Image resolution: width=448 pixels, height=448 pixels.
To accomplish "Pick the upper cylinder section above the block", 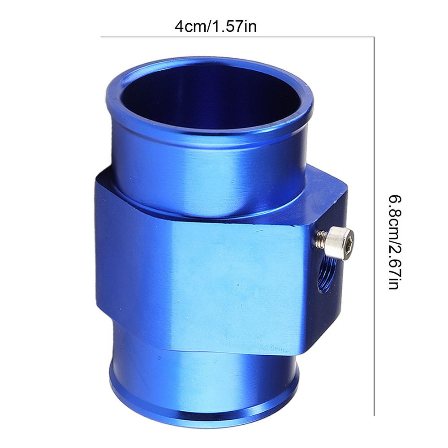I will coord(206,175).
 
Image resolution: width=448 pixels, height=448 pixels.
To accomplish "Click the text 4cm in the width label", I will coord(188,26).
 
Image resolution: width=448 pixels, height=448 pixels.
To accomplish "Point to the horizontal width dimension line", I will coord(237,37).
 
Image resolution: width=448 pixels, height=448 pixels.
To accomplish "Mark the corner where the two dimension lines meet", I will coord(374,37).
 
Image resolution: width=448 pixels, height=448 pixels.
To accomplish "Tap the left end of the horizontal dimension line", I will coord(101,37).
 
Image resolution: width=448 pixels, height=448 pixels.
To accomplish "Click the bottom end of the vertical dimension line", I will coord(374,415).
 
